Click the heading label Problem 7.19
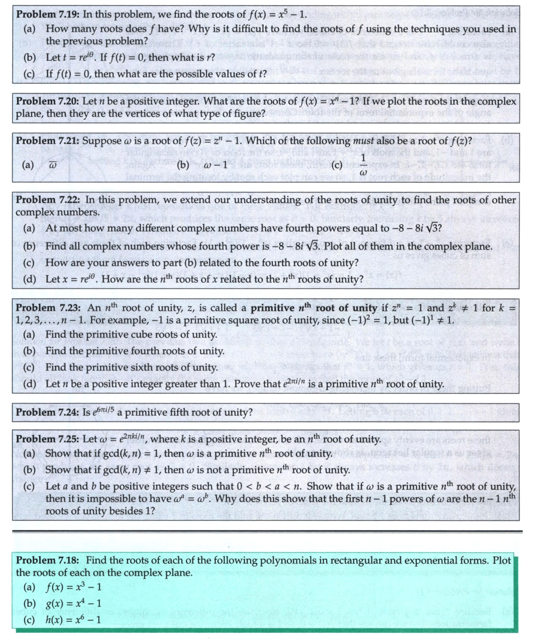(46, 14)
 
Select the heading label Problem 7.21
(46, 141)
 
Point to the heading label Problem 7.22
(46, 200)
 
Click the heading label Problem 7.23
(46, 308)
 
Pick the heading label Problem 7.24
(46, 413)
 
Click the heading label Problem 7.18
(46, 560)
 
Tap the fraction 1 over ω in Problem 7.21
(362, 165)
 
